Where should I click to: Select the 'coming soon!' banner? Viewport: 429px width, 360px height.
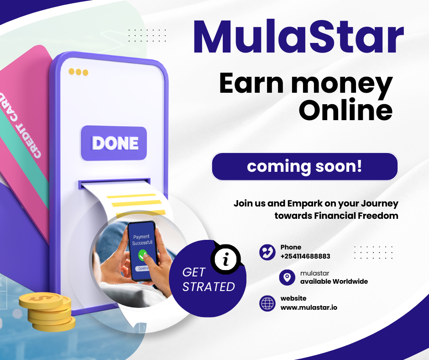tap(304, 166)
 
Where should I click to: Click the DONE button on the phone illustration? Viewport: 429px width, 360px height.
tap(115, 143)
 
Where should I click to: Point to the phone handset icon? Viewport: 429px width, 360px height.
tap(267, 252)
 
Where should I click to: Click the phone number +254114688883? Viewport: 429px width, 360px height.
tap(305, 256)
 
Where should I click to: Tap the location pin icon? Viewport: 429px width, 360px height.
tap(287, 277)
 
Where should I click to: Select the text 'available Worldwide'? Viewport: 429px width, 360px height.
tap(334, 281)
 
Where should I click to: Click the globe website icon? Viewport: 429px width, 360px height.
tap(267, 303)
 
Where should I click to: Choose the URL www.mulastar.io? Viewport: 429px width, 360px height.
tap(309, 307)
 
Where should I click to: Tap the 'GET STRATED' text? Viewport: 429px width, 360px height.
tap(208, 280)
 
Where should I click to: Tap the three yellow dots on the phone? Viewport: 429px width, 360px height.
tap(78, 72)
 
